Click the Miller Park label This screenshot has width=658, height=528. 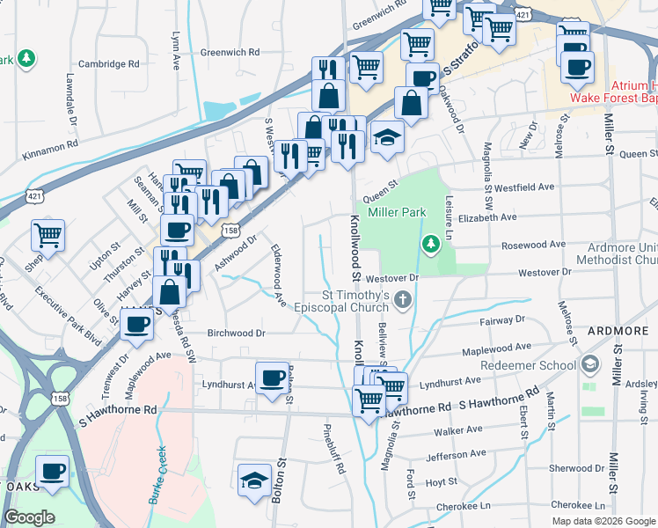tap(398, 212)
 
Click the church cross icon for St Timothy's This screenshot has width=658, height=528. tap(403, 299)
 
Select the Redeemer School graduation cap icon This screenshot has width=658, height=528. tap(590, 364)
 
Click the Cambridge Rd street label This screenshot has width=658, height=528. tap(109, 64)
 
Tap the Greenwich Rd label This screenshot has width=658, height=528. tap(229, 53)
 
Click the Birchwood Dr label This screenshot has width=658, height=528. tap(236, 334)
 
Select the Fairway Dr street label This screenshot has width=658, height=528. tap(502, 320)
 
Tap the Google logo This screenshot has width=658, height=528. tap(29, 517)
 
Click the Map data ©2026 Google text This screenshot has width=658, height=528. tap(603, 521)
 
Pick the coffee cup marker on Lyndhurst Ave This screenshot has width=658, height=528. tap(272, 378)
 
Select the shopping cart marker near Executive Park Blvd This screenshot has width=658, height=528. tap(48, 235)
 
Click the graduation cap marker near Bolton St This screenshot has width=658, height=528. tap(254, 480)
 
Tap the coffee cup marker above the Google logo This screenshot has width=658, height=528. tap(53, 471)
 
